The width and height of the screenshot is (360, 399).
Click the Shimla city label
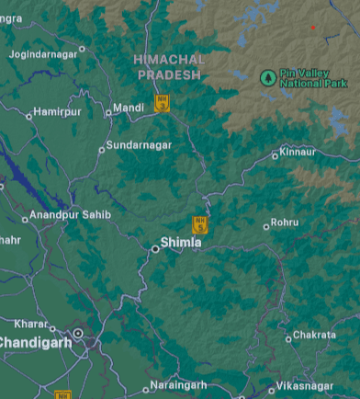[x=181, y=243]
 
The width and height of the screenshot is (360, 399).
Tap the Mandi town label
[x=129, y=108]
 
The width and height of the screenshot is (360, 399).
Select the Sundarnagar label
[x=138, y=145]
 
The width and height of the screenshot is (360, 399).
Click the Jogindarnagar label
[x=43, y=54]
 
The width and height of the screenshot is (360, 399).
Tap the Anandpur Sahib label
[x=71, y=215]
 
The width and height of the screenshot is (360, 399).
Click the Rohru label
[x=286, y=222]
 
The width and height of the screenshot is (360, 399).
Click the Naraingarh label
[x=179, y=386]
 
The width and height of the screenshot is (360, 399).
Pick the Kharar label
[x=30, y=324]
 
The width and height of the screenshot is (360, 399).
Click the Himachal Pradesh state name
[x=169, y=66]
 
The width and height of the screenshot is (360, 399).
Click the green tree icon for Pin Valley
[x=267, y=77]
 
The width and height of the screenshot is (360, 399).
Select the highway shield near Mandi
[x=162, y=103]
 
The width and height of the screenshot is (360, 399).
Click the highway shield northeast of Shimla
[x=199, y=224]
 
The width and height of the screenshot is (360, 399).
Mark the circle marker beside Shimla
[x=155, y=247]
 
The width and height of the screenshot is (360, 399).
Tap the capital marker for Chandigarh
[x=78, y=334]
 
